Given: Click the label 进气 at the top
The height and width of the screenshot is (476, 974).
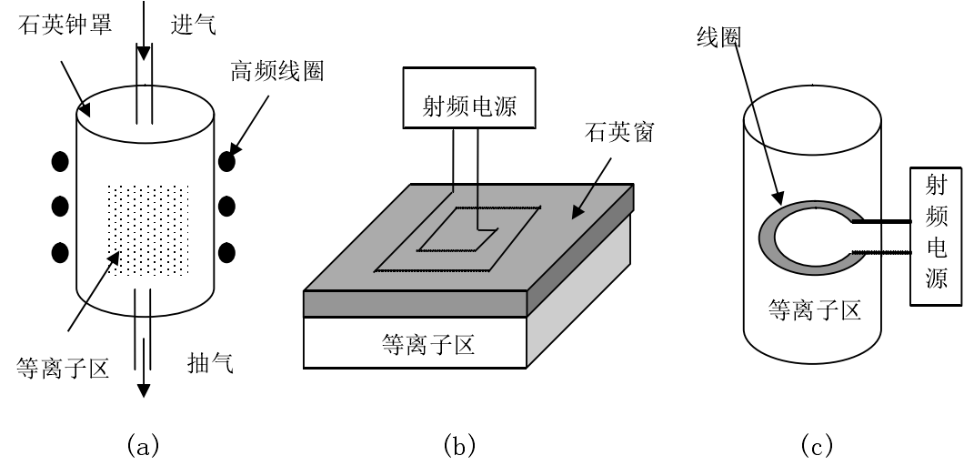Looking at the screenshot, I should coord(193,25).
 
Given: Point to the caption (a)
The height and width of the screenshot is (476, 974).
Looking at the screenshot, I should coord(145,445).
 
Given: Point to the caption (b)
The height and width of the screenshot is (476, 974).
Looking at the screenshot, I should coord(458,445).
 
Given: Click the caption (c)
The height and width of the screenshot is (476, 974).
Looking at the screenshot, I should coord(815,445).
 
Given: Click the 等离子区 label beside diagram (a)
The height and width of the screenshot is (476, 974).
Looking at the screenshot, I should coord(63,368).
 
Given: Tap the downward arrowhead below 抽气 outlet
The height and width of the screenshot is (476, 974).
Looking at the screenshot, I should coord(144,390).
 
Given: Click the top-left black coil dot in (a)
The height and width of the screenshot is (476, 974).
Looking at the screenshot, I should coord(60,162).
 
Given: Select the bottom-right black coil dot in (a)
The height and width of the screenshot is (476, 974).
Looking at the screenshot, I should coord(227,250).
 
